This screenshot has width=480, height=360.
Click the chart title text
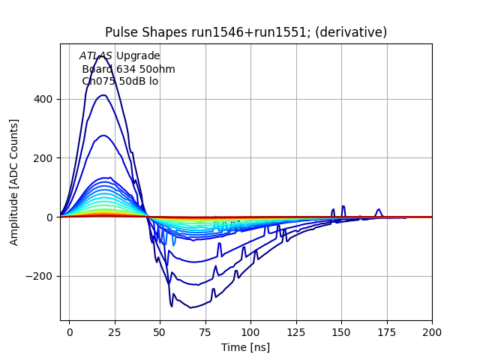coord(246,32)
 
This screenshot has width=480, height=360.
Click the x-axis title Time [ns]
coord(245,347)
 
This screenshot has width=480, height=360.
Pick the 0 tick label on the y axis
coord(52,217)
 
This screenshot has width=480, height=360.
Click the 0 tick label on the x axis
coord(70,331)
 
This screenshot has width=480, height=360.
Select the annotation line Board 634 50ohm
coord(128,69)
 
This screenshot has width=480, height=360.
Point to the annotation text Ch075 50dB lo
coord(120,81)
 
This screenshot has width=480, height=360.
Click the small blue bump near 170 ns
coord(379,211)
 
